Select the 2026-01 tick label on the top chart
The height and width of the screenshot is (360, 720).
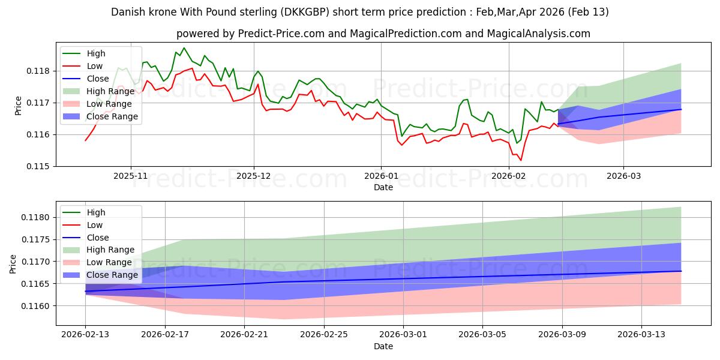click(380, 176)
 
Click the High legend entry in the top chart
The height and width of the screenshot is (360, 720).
click(95, 53)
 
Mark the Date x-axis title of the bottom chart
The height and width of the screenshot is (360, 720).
click(383, 346)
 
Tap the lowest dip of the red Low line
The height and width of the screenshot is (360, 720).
click(521, 160)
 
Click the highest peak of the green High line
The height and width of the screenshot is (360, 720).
click(184, 48)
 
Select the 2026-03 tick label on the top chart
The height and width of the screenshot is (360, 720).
click(623, 176)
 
